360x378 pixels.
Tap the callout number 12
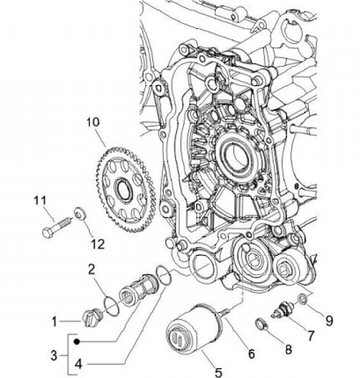click(x=97, y=244)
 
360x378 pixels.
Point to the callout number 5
click(x=218, y=372)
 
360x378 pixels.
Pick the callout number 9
click(x=329, y=320)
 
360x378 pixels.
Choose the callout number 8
click(x=288, y=349)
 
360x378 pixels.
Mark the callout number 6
click(x=251, y=354)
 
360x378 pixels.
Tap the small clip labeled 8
click(x=259, y=325)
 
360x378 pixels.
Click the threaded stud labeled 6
click(x=224, y=311)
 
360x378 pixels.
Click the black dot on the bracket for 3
click(x=76, y=342)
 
